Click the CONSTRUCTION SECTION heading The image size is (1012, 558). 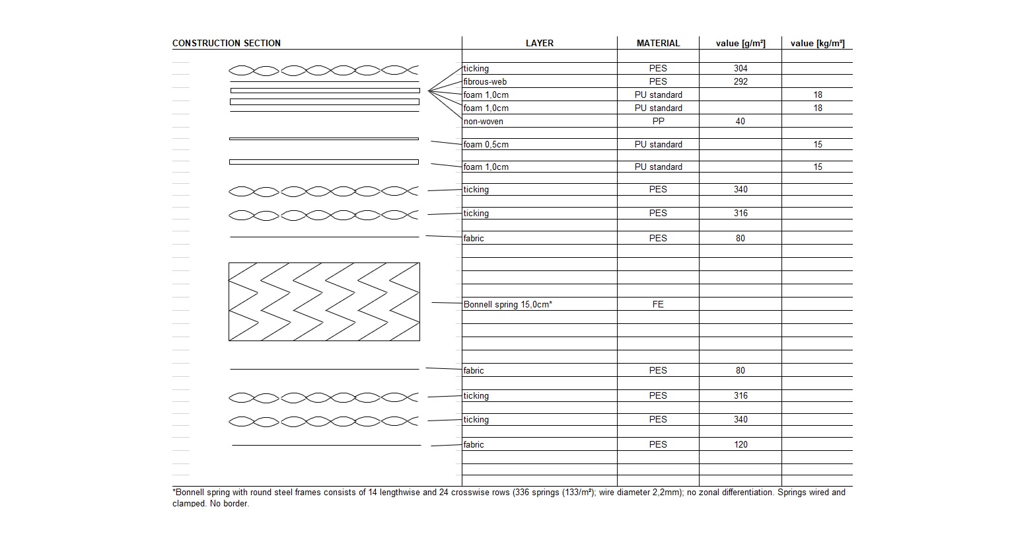[x=226, y=43]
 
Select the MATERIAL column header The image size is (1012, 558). [x=658, y=43]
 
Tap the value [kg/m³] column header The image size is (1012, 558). [x=817, y=44]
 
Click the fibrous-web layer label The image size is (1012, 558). [x=485, y=81]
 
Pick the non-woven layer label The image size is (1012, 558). [x=483, y=121]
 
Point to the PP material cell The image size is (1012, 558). [x=658, y=121]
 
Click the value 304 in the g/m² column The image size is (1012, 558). [x=741, y=68]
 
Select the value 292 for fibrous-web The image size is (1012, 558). [x=741, y=81]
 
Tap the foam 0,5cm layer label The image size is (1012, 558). [x=486, y=144]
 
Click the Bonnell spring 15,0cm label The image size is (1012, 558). [x=507, y=304]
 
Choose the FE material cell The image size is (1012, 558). [x=658, y=304]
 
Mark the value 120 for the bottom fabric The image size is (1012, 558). [x=741, y=444]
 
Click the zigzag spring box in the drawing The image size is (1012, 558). [x=324, y=301]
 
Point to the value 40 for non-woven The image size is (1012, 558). [x=741, y=121]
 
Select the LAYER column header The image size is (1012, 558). [x=540, y=43]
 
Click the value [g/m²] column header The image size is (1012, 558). [x=741, y=44]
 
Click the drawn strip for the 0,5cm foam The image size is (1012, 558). [x=324, y=139]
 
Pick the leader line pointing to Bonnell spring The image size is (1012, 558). [x=447, y=303]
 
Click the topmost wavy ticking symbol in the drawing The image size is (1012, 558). [x=324, y=70]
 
